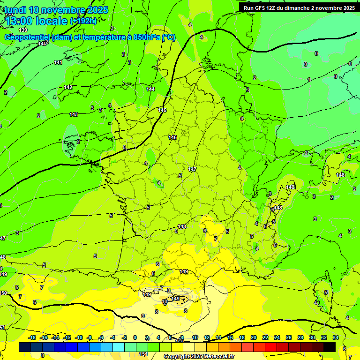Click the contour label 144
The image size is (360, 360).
click(150, 89)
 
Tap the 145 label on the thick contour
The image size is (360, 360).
click(162, 110)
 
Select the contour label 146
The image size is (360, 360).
click(172, 137)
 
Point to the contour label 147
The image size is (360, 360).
click(192, 169)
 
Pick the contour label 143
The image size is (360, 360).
click(74, 114)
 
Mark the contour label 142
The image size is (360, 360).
click(68, 88)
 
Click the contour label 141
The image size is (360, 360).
click(58, 62)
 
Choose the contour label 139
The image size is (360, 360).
click(23, 30)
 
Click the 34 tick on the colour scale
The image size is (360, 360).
click(336, 337)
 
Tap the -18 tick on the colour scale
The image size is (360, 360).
click(32, 337)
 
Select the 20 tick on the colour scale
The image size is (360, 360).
click(254, 337)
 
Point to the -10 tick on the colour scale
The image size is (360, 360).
click(79, 337)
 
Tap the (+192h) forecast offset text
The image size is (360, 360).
click(83, 21)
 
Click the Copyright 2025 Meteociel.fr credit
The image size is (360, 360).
click(199, 357)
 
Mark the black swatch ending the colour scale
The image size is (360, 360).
click(330, 347)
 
